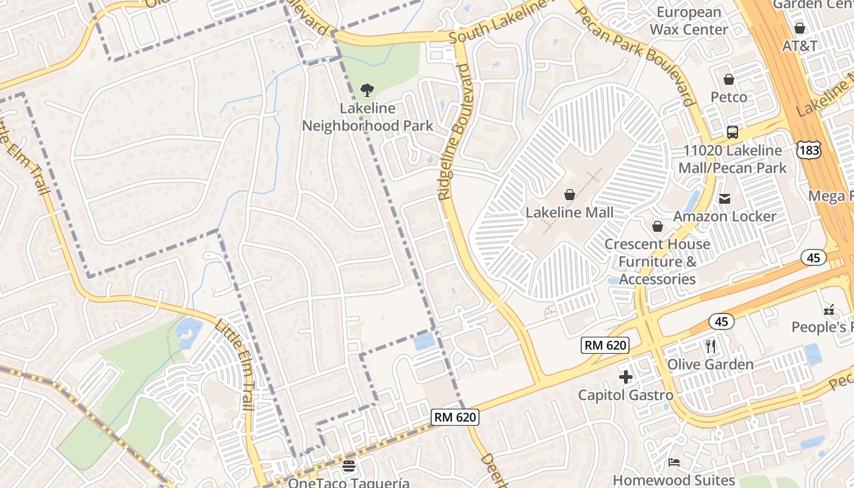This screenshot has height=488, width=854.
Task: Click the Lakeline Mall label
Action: click(x=570, y=213)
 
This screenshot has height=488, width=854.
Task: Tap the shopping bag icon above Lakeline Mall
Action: click(x=570, y=195)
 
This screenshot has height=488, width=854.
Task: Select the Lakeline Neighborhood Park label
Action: click(x=367, y=117)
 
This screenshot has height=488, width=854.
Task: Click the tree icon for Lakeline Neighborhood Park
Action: click(x=367, y=91)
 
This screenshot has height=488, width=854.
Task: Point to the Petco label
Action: click(x=728, y=97)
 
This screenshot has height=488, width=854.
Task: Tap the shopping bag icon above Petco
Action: click(x=728, y=79)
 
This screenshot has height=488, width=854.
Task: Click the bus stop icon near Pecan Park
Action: click(x=733, y=132)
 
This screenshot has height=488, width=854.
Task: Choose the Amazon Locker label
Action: click(x=725, y=217)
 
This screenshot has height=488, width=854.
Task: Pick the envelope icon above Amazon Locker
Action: click(x=725, y=198)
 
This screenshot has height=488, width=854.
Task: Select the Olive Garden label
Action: click(x=710, y=365)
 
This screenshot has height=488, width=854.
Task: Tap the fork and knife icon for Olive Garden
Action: click(x=710, y=346)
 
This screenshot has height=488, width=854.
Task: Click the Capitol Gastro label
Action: click(x=626, y=395)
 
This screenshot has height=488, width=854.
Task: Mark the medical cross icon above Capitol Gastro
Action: click(x=626, y=377)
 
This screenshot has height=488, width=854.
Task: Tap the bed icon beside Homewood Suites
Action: click(x=673, y=462)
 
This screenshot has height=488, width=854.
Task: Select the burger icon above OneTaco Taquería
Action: click(x=349, y=467)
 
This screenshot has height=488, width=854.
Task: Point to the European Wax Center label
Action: click(x=689, y=21)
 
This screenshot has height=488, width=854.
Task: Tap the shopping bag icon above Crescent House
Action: click(x=658, y=227)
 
